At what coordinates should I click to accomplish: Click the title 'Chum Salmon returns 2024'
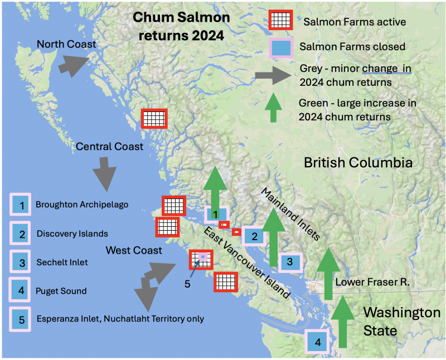(x=181, y=26)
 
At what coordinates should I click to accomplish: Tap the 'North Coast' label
(x=66, y=43)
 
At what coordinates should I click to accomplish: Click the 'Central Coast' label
(x=109, y=147)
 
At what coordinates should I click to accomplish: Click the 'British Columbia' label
(x=358, y=163)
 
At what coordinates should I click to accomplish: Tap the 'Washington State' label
(x=401, y=321)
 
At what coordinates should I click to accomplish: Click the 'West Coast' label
(x=134, y=250)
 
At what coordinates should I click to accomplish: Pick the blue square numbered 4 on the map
(x=318, y=342)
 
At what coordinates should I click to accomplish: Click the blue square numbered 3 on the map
(x=289, y=262)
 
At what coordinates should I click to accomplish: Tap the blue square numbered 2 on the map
(x=255, y=236)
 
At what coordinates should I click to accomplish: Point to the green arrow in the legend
(x=273, y=108)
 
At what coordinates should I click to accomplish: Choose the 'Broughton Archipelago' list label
(x=82, y=205)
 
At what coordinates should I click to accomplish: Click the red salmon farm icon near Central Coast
(x=154, y=119)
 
